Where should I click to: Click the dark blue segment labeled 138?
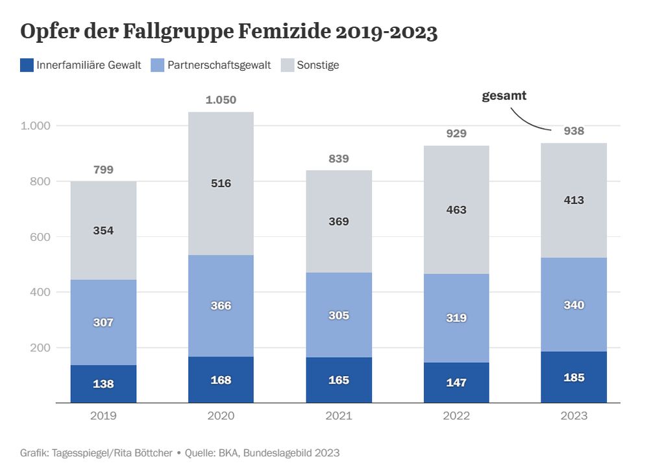click(x=103, y=384)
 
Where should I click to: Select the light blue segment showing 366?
click(x=221, y=306)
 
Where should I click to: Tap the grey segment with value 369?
click(x=338, y=221)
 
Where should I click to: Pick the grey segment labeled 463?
click(x=456, y=210)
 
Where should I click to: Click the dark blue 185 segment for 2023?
click(x=574, y=377)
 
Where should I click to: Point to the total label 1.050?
click(x=221, y=100)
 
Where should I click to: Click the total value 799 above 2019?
click(x=103, y=169)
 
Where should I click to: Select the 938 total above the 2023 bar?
click(x=574, y=131)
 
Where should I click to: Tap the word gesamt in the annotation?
click(x=504, y=96)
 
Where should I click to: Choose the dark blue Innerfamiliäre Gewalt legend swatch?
click(x=27, y=65)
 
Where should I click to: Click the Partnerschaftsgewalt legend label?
click(x=219, y=65)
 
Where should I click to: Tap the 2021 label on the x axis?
click(x=338, y=416)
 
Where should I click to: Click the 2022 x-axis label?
click(x=456, y=416)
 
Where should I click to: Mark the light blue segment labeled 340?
click(x=574, y=305)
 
